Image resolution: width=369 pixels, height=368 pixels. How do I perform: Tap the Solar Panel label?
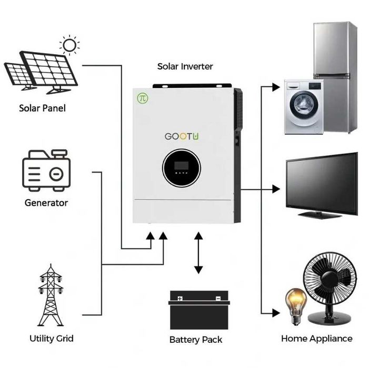[43, 108]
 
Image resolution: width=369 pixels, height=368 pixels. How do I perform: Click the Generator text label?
[46, 203]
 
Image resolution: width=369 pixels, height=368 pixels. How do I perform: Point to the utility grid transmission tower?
[51, 297]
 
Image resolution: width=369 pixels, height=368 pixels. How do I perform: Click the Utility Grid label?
[52, 338]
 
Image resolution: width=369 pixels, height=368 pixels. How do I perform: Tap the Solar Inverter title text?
[185, 66]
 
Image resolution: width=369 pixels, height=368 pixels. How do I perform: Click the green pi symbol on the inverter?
[143, 97]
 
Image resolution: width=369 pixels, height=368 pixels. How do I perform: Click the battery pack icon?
[198, 310]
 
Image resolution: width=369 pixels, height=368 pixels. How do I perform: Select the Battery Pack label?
[196, 340]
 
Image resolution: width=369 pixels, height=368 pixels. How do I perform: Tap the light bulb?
[296, 304]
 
